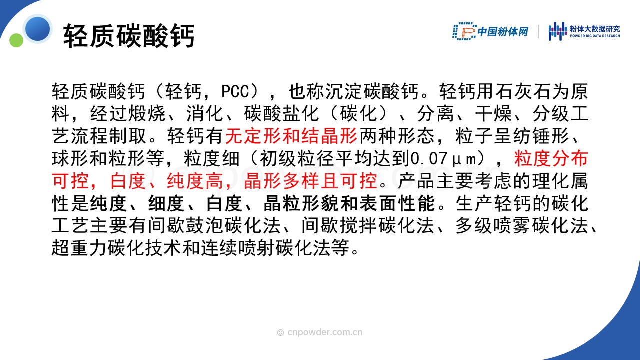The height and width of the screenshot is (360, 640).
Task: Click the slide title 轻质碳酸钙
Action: coord(129,36)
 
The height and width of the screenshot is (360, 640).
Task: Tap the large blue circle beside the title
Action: coord(37,29)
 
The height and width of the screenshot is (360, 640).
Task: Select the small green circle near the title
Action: coord(16,40)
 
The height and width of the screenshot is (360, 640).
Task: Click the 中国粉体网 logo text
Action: coord(503,31)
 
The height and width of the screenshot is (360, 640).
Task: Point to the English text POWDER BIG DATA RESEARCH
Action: coord(595,36)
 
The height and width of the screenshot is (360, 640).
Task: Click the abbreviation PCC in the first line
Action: coord(235,91)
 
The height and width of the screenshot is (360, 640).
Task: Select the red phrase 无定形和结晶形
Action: coord(291,136)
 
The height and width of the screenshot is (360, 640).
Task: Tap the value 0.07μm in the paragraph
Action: coord(443,158)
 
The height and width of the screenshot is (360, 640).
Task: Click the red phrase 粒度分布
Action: coord(551,158)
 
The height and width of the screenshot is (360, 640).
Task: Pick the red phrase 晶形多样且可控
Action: coord(311,181)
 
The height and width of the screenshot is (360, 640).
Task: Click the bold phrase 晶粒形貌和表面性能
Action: coord(349,203)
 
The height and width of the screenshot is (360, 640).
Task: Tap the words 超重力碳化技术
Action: coord(116,247)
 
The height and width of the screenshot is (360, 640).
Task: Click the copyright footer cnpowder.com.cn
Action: coord(320,332)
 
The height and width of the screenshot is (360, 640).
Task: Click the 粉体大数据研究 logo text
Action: coord(595,29)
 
